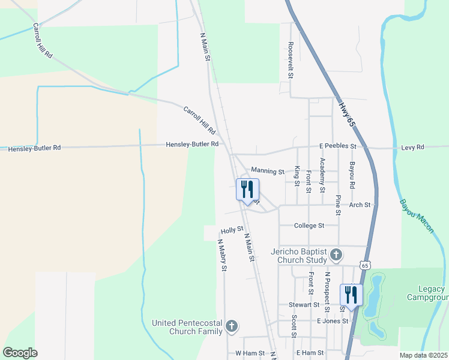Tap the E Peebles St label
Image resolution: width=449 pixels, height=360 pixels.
click(x=337, y=146)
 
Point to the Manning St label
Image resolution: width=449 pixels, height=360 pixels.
click(x=268, y=172)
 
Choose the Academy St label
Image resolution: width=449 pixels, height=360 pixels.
click(x=323, y=175)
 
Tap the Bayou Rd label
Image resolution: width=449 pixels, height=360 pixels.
click(x=352, y=175)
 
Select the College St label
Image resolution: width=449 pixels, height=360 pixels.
click(x=309, y=226)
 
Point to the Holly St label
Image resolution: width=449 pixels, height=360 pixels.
click(x=232, y=230)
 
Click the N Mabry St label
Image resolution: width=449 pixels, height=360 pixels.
click(x=221, y=256)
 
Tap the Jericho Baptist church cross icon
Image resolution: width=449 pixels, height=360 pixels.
click(x=336, y=256)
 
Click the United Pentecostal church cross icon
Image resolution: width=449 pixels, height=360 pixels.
click(x=231, y=327)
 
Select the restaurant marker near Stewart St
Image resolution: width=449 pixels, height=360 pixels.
click(x=350, y=295)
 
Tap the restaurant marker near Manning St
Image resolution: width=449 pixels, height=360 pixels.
click(x=248, y=190)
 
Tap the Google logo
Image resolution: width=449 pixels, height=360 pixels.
click(x=20, y=353)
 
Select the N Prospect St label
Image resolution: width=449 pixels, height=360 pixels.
click(x=328, y=287)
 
